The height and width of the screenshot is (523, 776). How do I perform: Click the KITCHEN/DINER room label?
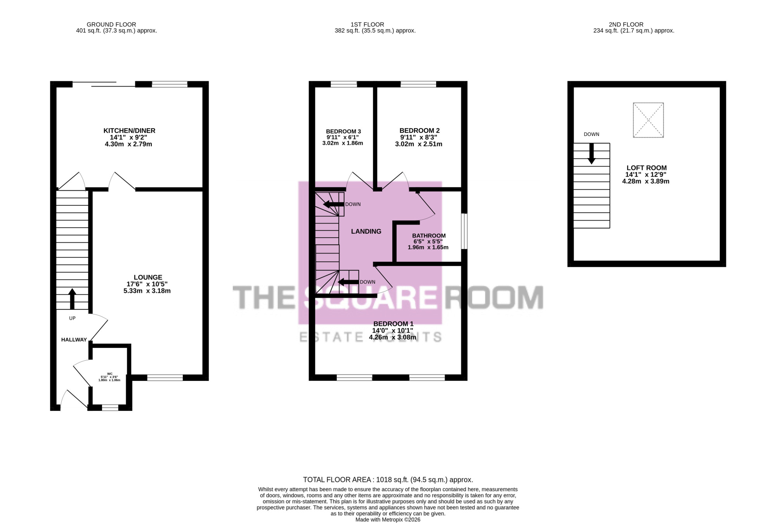point(129,131)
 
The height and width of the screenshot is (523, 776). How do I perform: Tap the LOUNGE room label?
point(148,277)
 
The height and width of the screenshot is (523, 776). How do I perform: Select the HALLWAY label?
point(74,340)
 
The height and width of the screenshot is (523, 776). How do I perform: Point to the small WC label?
point(110,374)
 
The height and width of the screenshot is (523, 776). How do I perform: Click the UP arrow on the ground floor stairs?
point(72,299)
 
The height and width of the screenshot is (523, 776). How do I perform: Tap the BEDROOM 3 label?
point(343,132)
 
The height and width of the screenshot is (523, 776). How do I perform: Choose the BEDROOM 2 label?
point(419,131)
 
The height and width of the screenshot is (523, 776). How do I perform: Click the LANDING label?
point(366,231)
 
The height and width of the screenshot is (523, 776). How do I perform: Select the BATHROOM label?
point(429,236)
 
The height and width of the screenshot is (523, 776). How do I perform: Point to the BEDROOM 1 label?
point(393,324)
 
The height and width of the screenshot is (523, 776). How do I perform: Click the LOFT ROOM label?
point(646,168)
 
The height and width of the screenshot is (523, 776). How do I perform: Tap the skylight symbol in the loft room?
point(648,120)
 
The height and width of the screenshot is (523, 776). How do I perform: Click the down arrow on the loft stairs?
point(592,154)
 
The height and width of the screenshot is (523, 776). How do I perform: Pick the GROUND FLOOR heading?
point(111,24)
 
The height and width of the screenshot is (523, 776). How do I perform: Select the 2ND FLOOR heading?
point(626,24)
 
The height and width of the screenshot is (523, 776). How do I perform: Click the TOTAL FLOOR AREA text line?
point(388,480)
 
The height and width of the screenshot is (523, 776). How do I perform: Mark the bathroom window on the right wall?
point(464,231)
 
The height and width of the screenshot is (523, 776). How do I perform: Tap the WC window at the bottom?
point(110,408)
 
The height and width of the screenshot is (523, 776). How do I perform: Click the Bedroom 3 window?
point(344,84)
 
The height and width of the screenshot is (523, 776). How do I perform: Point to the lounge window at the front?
point(165,377)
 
